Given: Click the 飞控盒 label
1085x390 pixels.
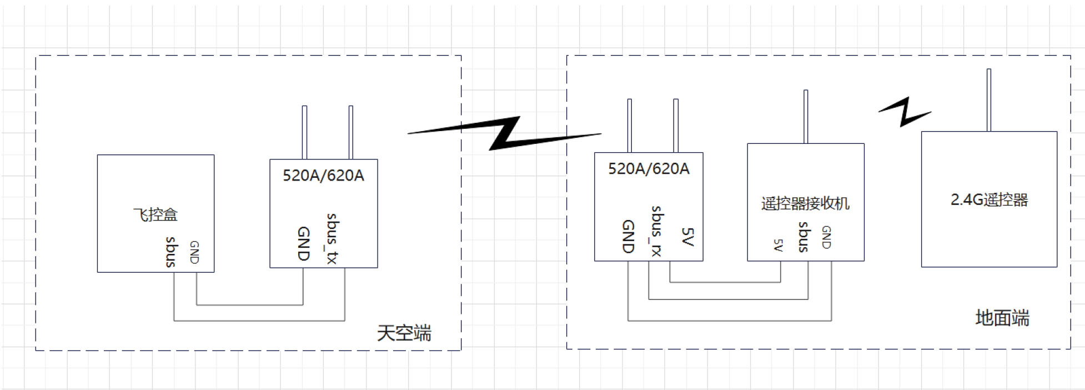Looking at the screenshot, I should (x=155, y=214).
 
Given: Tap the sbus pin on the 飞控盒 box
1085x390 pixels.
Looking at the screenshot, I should (x=172, y=252).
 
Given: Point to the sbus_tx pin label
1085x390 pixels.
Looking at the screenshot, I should (x=332, y=238).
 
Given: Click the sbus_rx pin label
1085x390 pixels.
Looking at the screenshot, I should (x=657, y=231).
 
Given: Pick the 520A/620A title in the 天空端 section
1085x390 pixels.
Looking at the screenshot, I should (x=323, y=176).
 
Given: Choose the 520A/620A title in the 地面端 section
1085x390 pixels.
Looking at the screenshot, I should (x=649, y=169).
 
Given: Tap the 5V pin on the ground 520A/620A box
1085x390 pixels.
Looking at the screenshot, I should (x=687, y=237).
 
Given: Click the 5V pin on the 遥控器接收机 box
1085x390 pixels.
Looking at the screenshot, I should (x=778, y=246).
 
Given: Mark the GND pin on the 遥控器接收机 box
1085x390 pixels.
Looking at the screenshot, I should (x=826, y=237).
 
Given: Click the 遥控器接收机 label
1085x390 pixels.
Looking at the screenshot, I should (x=805, y=203).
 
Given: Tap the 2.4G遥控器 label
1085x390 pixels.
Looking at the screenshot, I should (x=989, y=200).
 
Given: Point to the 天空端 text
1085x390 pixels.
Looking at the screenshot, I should (x=404, y=333).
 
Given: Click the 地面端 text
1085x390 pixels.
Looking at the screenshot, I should (x=1002, y=318).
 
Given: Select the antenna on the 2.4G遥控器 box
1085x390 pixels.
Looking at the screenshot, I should (x=989, y=100).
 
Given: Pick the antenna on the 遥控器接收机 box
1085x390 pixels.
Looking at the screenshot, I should (x=806, y=117).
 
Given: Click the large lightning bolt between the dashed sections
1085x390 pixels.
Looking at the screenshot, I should (x=504, y=133).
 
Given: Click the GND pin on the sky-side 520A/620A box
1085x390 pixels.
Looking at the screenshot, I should (x=303, y=243).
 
